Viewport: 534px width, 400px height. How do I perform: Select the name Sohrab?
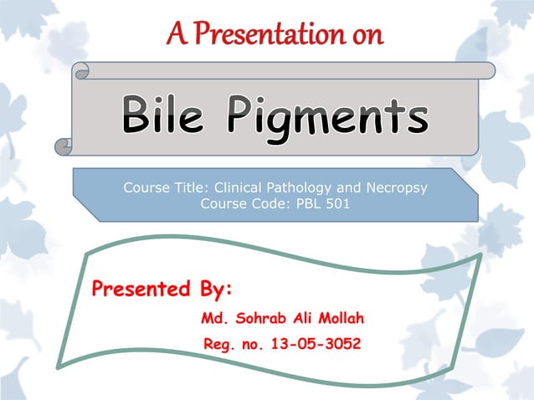[258, 318]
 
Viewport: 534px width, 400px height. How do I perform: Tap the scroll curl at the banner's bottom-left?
[64, 146]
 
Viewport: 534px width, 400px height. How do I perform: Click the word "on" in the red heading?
[367, 34]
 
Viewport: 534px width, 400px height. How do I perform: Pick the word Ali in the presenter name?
[301, 318]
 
